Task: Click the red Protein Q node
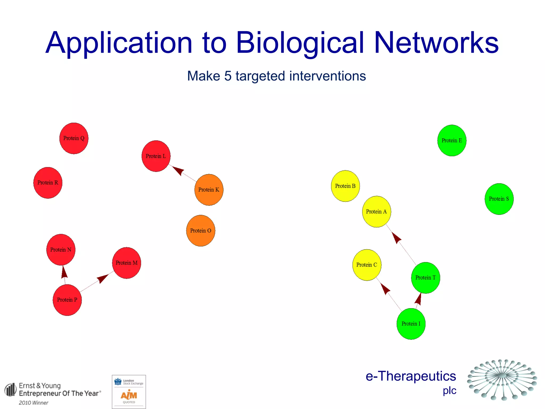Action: [x=74, y=138]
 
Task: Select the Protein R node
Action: [x=48, y=183]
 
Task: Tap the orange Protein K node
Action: [x=209, y=190]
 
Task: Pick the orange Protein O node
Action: [x=201, y=231]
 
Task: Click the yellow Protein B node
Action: [x=345, y=186]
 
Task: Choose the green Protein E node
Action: [x=452, y=140]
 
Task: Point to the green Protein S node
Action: [x=499, y=199]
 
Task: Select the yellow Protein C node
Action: [x=367, y=265]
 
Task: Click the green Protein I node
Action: [x=411, y=324]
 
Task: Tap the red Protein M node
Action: [x=127, y=263]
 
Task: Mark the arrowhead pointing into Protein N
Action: [x=64, y=272]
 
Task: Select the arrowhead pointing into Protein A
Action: [x=397, y=238]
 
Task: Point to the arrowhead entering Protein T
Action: [x=419, y=299]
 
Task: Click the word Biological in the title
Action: [x=300, y=43]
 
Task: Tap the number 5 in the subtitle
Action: [x=228, y=76]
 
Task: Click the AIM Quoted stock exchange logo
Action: [x=129, y=392]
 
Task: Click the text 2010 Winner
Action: [x=34, y=403]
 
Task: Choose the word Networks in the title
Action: [x=436, y=43]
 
